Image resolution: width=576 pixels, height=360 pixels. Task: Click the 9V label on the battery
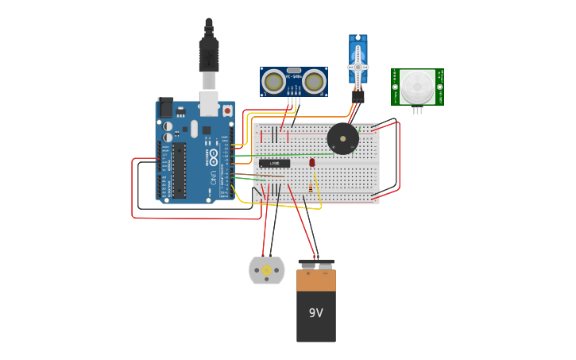(316, 313)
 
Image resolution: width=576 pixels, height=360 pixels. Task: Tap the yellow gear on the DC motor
(266, 271)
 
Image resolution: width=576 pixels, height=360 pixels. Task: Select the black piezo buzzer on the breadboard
(342, 139)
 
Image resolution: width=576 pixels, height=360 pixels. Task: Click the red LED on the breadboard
(312, 162)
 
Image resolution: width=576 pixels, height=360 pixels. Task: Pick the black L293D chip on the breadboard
(274, 164)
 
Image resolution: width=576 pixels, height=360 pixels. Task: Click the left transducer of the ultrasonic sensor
(274, 81)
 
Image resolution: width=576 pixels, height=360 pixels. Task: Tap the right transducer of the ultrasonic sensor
(315, 81)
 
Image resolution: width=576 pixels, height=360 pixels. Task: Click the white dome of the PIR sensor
(417, 86)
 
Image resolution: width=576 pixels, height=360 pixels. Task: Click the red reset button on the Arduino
(228, 110)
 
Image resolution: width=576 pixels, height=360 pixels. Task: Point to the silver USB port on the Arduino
(209, 102)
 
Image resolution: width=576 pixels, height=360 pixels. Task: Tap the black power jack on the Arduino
(166, 108)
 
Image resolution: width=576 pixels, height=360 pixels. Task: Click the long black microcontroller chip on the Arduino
(180, 169)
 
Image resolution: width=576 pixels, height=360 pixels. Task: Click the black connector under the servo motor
(358, 95)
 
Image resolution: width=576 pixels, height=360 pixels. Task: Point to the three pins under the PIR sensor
(417, 110)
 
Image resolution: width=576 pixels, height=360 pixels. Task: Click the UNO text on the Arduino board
(213, 179)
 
